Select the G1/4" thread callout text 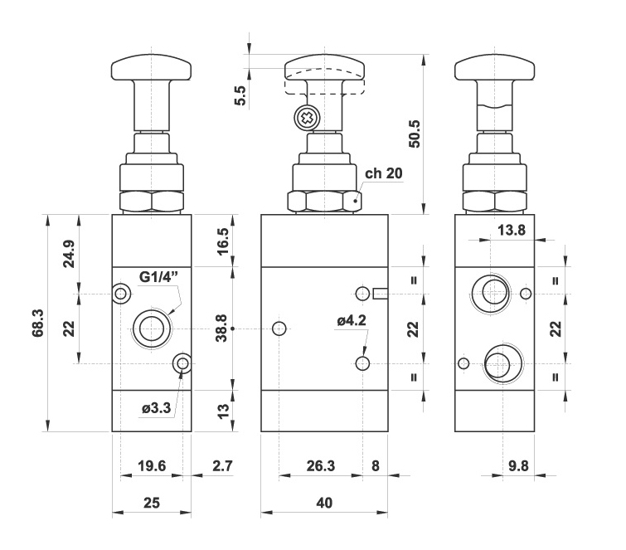pos(161,278)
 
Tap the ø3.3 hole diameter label pos(156,408)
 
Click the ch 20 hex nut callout pos(383,174)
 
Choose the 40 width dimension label pos(324,504)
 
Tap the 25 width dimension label pos(152,504)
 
